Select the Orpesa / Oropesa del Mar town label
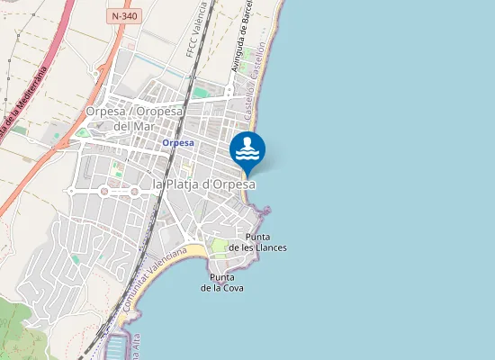[134, 118]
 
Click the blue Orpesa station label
[178, 142]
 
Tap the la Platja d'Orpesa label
[204, 184]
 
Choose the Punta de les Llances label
[258, 242]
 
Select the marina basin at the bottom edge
[117, 347]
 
